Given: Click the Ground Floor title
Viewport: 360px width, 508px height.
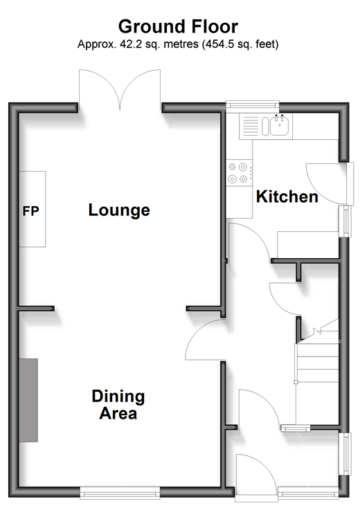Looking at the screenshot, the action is pos(178,26).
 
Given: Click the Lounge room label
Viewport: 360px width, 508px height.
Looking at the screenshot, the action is pos(119,210).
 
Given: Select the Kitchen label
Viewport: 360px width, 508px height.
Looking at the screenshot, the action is pos(287,197).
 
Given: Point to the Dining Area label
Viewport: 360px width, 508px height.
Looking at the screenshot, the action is pos(118,404).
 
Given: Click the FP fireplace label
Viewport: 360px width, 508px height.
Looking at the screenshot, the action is pos(30,211).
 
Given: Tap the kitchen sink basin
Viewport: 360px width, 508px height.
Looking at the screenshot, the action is pos(279,126).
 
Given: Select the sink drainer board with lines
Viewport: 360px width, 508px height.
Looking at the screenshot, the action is pos(251,126).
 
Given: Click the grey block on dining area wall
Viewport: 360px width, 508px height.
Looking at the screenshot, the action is pos(28,400).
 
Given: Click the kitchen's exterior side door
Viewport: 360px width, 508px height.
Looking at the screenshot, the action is pos(329,183).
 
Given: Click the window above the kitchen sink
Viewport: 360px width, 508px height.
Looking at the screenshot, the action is pos(253,105).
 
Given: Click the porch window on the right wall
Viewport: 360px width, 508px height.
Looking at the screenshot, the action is pos(346,453).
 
